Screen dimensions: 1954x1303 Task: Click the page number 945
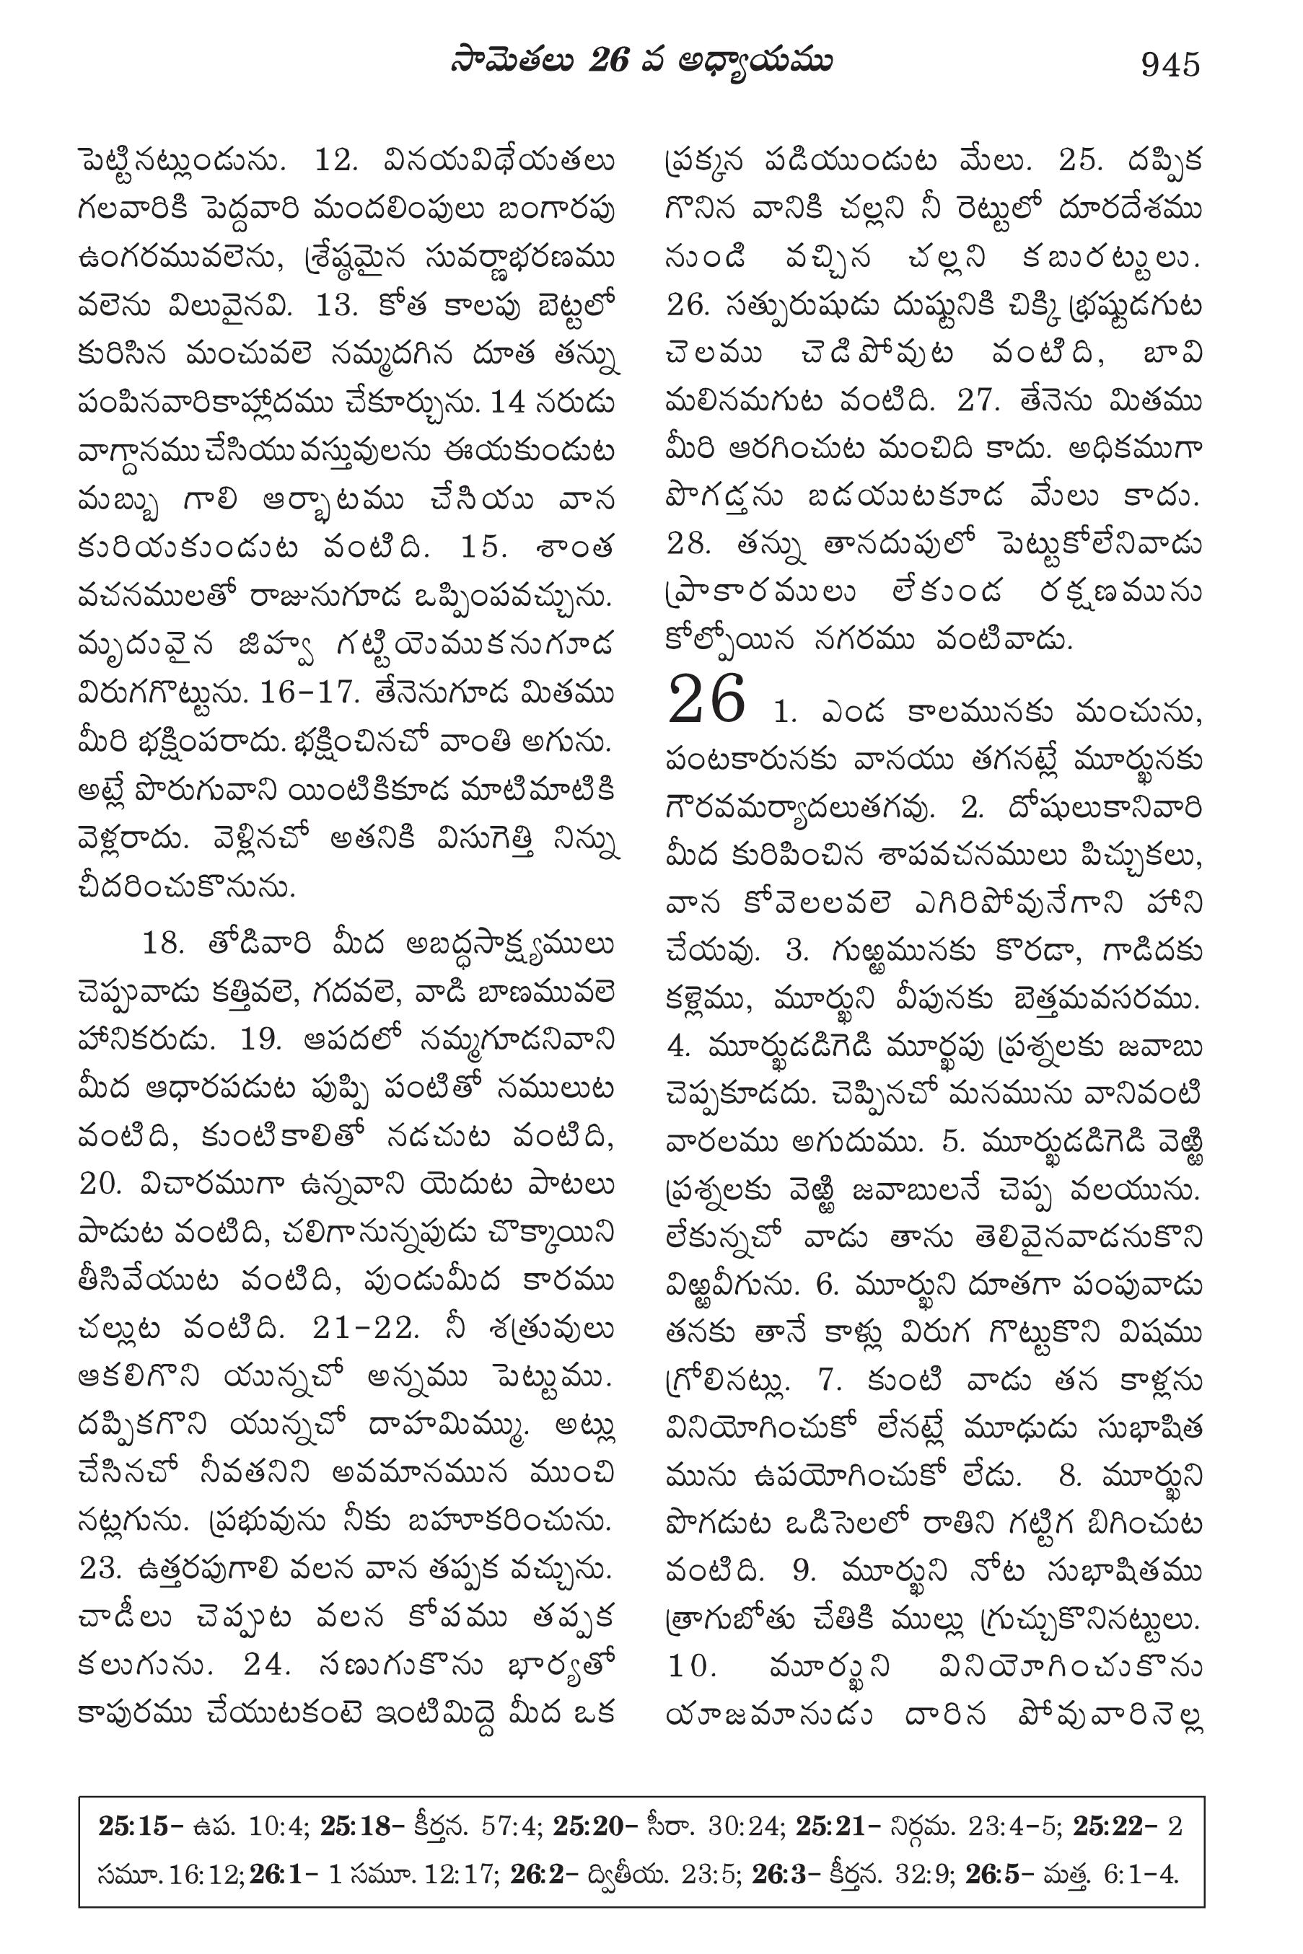1171,65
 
